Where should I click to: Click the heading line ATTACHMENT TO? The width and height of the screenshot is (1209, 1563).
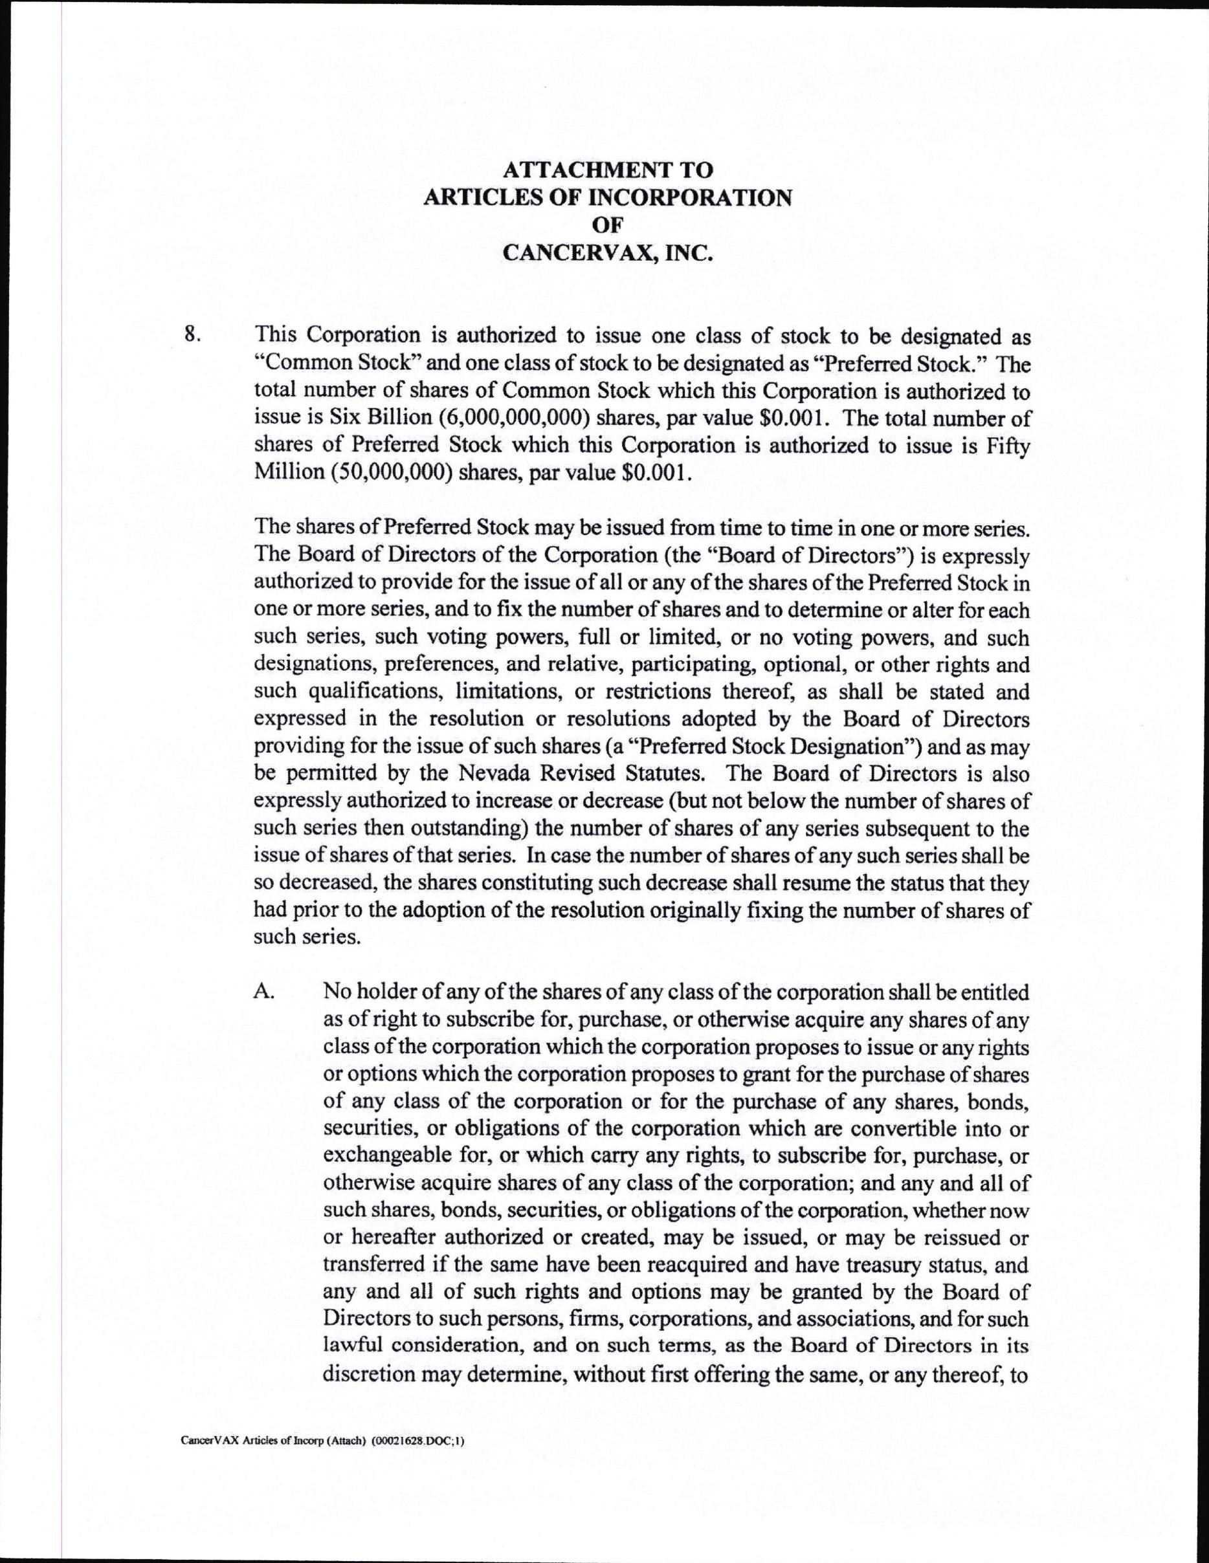608,169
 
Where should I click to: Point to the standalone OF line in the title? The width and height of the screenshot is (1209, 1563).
608,224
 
